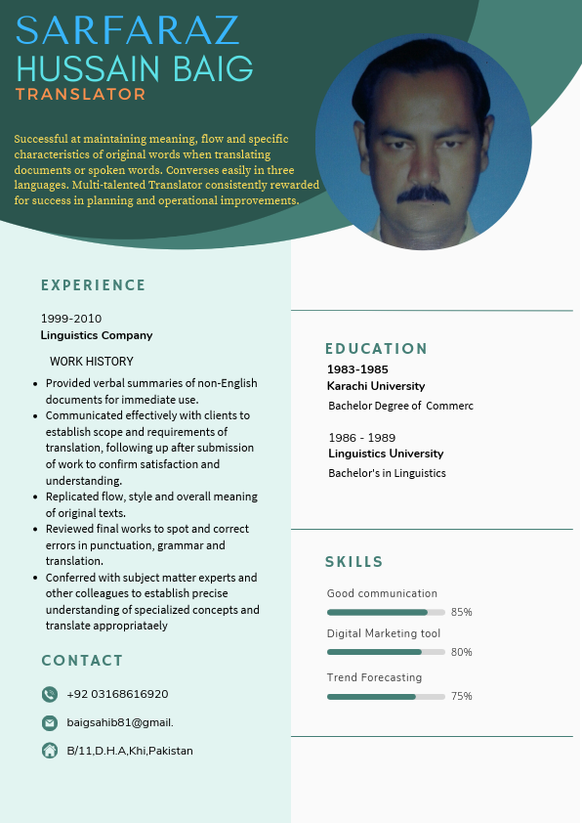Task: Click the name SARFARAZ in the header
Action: (128, 31)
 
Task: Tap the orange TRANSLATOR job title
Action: (80, 95)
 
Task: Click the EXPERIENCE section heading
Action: (93, 285)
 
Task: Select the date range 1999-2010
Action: (71, 319)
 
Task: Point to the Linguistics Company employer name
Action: (97, 335)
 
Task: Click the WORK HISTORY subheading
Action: (92, 362)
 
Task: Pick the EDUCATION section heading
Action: (376, 349)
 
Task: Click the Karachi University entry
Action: (376, 386)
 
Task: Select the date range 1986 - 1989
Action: (362, 438)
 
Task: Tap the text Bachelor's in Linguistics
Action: (387, 473)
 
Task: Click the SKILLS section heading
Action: (354, 562)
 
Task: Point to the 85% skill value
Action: (462, 613)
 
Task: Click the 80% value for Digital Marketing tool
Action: (462, 652)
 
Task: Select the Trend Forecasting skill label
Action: (374, 677)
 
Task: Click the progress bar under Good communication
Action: (386, 613)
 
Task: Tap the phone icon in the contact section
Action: (50, 694)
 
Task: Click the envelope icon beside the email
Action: (50, 722)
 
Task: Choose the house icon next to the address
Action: (50, 751)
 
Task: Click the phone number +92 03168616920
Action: (117, 694)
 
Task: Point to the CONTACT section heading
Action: (82, 661)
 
